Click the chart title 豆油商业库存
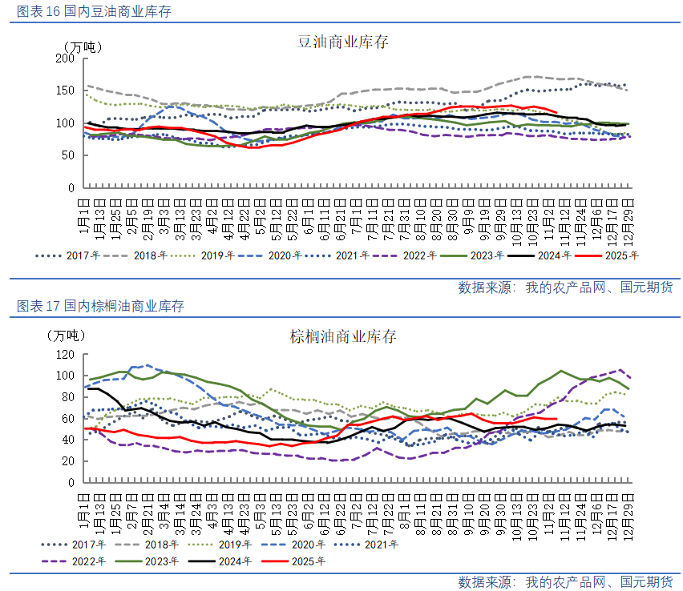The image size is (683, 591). point(342,42)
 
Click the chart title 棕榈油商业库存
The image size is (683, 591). point(342,336)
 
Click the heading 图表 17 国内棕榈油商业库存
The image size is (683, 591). point(100,306)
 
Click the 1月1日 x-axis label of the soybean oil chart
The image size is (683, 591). point(84,215)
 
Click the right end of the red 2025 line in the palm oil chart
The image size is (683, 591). point(556,419)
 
